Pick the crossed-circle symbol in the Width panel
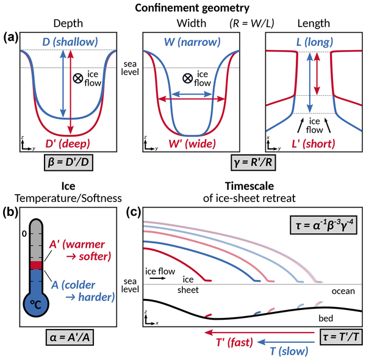click(x=181, y=78)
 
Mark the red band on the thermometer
click(x=36, y=265)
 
